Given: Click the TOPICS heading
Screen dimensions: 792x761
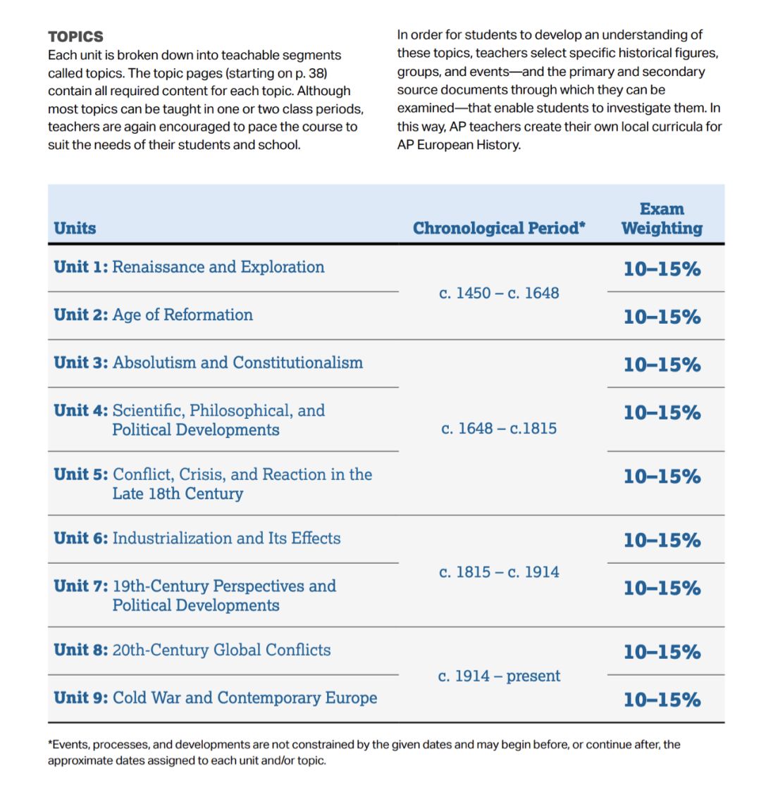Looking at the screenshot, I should tap(75, 37).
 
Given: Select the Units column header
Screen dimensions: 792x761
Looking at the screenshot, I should tap(75, 228).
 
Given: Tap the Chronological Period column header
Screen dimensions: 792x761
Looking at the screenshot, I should tap(499, 228).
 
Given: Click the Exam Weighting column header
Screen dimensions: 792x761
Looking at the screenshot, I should tap(662, 219).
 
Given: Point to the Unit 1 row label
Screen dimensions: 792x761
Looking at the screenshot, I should tap(189, 268).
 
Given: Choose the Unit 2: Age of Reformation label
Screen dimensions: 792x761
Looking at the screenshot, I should tap(153, 315).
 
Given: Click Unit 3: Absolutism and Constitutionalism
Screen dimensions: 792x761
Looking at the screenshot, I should tap(208, 363).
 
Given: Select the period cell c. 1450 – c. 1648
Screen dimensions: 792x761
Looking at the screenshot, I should tap(499, 293).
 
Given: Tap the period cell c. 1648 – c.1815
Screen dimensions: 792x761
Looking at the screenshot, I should tap(499, 428).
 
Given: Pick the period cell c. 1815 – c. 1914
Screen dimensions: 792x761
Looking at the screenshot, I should tap(499, 572).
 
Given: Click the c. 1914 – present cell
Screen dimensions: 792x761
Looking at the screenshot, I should tap(499, 677).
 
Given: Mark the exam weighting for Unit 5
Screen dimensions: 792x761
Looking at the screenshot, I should tap(662, 477).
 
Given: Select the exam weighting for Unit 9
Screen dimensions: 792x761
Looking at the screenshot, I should tap(662, 700).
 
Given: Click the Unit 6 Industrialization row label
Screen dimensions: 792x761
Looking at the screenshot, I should tap(197, 539).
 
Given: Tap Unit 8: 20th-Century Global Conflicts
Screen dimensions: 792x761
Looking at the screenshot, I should tap(192, 650).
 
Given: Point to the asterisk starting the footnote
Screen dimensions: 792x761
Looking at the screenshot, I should tap(50, 743).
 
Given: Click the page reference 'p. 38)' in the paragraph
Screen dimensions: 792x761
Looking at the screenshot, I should tap(310, 73).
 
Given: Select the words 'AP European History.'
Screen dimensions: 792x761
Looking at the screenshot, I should tap(459, 146).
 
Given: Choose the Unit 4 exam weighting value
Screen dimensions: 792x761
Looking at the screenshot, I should tap(662, 413).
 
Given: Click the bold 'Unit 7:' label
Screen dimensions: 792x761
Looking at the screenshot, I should tap(80, 586).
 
